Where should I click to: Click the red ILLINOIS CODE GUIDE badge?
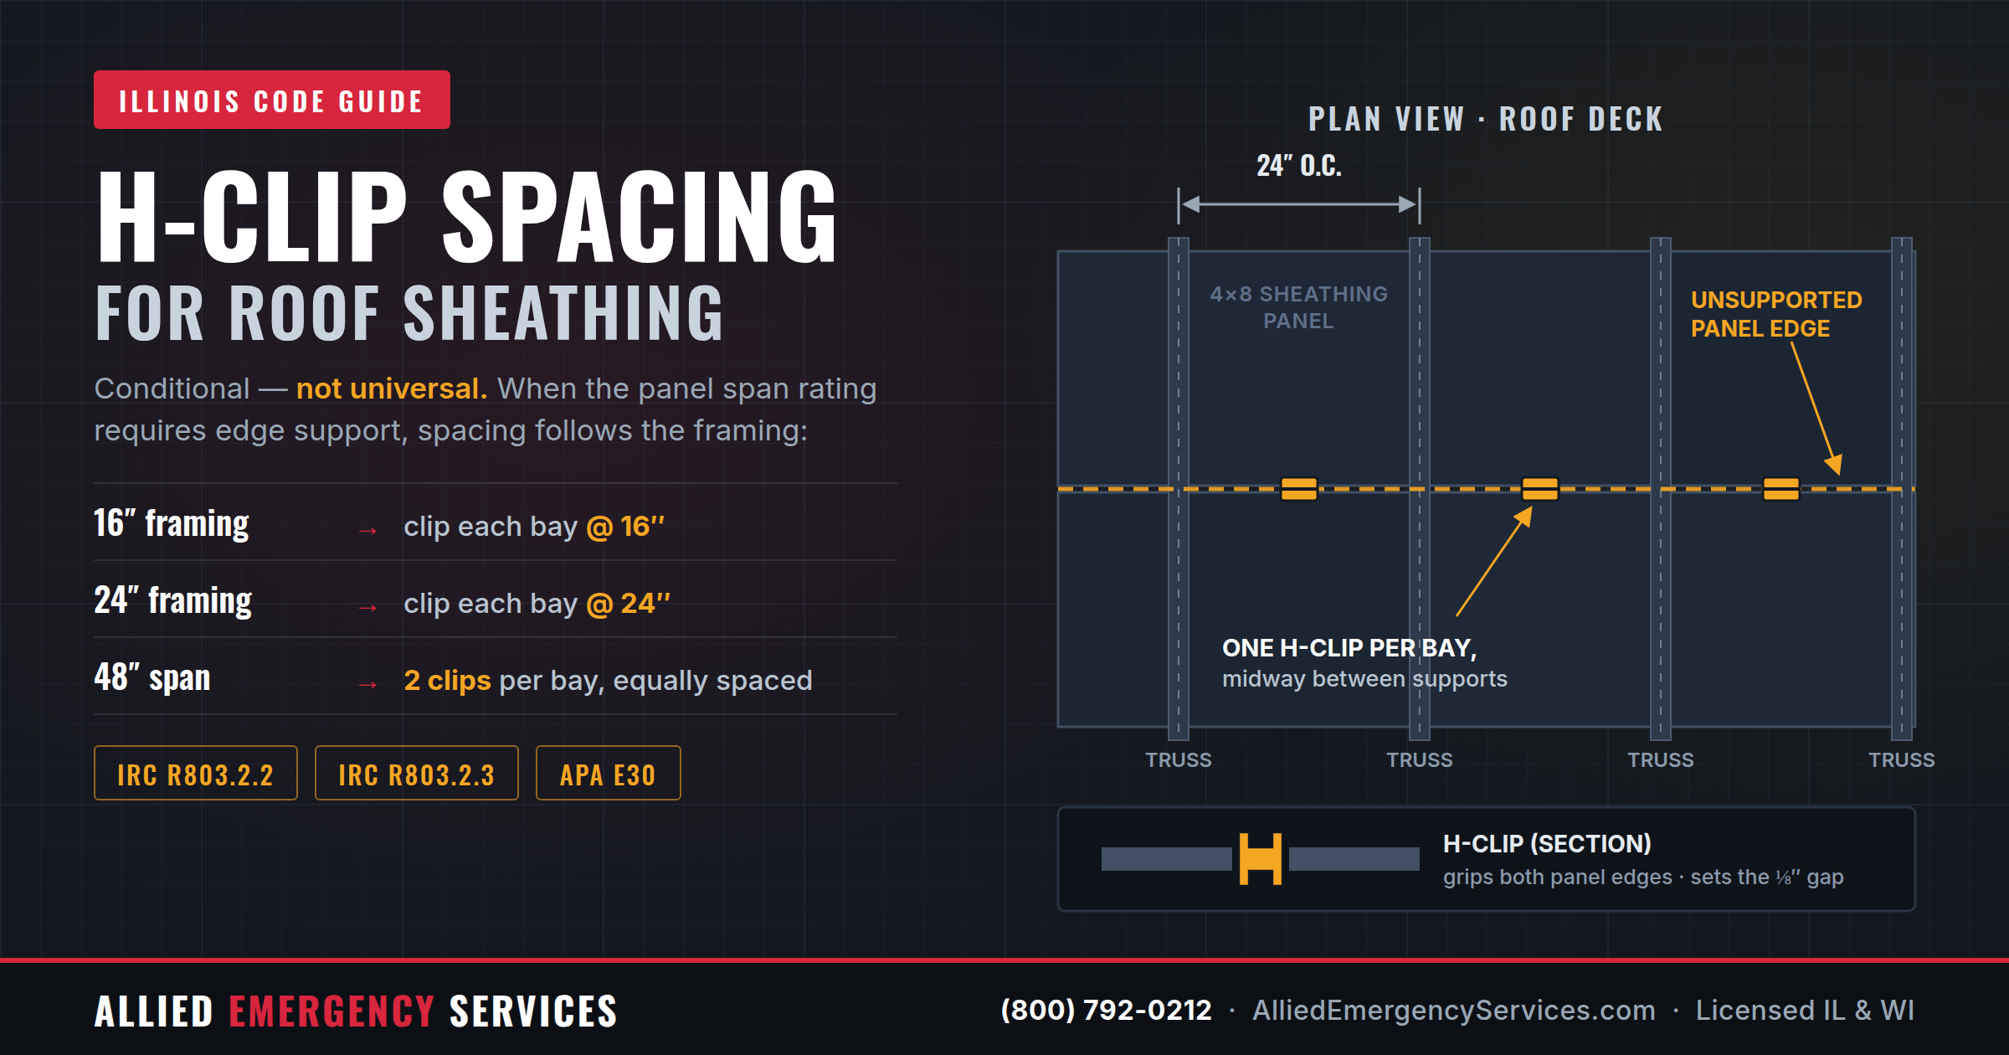pos(272,100)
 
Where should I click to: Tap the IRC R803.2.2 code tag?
pos(196,773)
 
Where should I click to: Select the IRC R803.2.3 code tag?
pos(417,773)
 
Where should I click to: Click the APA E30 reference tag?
pos(608,773)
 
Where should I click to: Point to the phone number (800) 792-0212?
pos(1107,1010)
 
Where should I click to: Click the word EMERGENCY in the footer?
pos(331,1011)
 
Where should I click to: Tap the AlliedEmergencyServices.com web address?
pos(1454,1010)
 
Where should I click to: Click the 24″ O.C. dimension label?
pos(1299,166)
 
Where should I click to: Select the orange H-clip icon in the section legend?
pos(1261,859)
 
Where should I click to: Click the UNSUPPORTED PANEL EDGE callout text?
pos(1776,314)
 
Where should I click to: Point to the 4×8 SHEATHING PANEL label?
pos(1299,307)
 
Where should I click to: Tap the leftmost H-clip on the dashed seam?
pos(1299,489)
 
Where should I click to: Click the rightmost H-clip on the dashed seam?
pos(1781,489)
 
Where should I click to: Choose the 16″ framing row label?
pos(172,524)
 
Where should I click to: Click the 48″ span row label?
pos(152,677)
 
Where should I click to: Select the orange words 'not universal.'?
pos(392,389)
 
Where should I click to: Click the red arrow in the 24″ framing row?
pos(367,608)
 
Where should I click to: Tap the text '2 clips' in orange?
pos(448,680)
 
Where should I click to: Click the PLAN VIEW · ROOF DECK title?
pos(1486,119)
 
